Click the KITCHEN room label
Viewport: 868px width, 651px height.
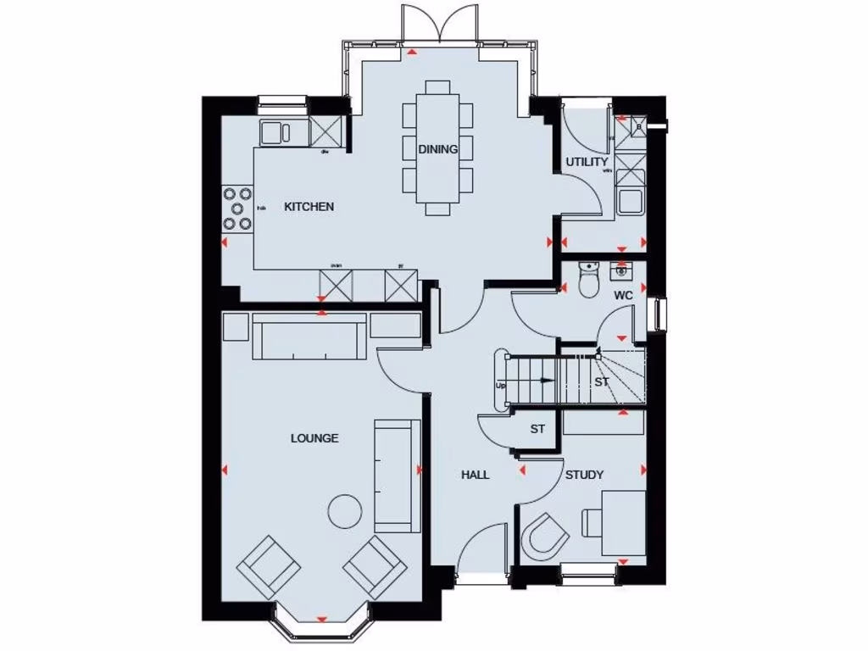click(x=309, y=207)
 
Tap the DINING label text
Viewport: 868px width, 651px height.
click(x=437, y=149)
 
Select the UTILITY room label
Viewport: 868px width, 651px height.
click(x=587, y=162)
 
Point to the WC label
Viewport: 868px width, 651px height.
click(x=623, y=296)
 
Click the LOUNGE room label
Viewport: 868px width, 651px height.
click(x=314, y=438)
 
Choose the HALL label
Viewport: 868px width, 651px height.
click(x=475, y=475)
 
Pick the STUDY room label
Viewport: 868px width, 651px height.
click(x=584, y=475)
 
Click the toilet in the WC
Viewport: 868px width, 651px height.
click(x=587, y=280)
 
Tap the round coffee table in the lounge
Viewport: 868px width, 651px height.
click(x=345, y=510)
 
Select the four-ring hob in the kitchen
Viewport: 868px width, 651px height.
click(x=237, y=209)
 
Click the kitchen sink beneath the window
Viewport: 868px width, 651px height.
click(x=275, y=132)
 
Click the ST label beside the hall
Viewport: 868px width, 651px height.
click(x=537, y=430)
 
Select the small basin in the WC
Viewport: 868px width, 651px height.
click(x=621, y=270)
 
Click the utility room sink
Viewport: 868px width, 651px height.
click(x=630, y=200)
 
